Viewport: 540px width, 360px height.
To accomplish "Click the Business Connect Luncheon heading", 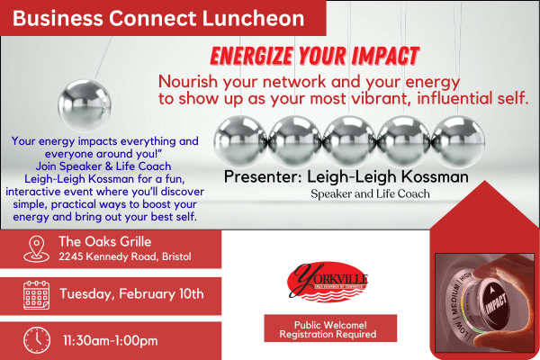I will coord(158,18).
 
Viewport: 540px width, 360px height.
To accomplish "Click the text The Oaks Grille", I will coord(105,241).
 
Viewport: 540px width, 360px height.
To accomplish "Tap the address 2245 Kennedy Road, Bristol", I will coord(125,257).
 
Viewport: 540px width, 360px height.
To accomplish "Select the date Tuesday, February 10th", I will coord(131,294).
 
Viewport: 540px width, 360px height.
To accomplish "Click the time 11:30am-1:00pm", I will coord(111,340).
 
